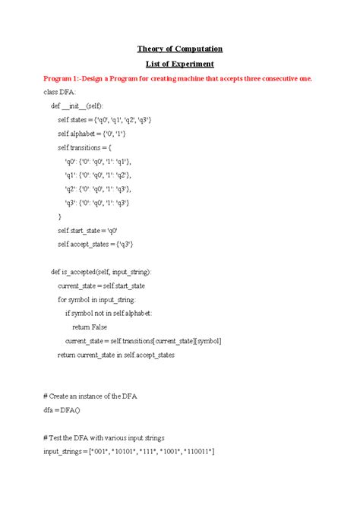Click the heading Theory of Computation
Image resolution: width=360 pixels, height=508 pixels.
click(x=179, y=49)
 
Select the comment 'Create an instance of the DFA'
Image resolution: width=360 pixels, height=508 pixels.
click(x=94, y=397)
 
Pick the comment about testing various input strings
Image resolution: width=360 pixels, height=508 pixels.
click(x=109, y=438)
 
